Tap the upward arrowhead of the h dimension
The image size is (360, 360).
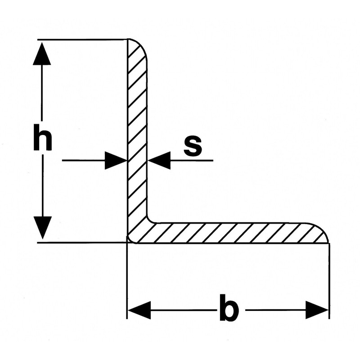pos(42,54)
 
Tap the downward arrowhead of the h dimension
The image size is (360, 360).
pos(42,227)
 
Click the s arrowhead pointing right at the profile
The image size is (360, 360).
pos(116,160)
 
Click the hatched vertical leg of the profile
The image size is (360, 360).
pos(137,135)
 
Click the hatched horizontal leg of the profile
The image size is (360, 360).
pos(234,233)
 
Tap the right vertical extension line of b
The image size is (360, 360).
pos(329,279)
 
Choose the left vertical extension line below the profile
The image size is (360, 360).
pos(127,279)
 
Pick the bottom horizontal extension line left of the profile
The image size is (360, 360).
pos(81,243)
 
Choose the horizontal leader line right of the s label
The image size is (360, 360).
pos(198,160)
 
